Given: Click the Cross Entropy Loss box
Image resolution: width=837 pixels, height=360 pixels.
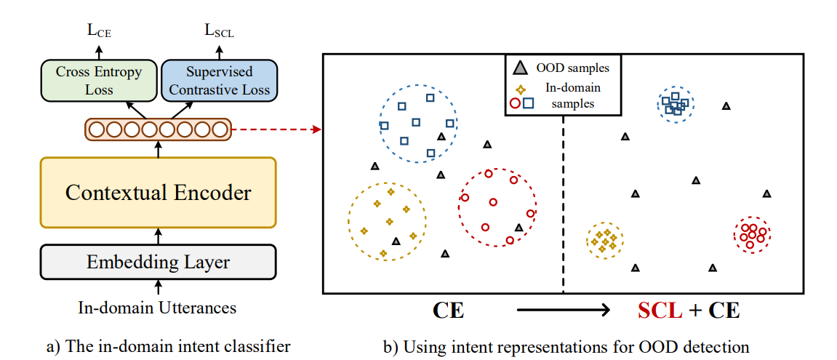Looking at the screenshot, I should point(99,81).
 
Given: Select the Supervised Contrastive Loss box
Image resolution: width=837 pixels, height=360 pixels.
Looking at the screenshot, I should point(219,81).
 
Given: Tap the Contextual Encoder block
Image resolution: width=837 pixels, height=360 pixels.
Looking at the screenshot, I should point(159,193).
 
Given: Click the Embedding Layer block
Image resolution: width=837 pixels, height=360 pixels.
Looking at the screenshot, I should point(159,263).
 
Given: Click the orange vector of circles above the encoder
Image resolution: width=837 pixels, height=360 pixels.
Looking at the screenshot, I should point(159,130).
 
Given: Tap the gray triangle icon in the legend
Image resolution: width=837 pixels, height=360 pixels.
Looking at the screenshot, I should point(519,69).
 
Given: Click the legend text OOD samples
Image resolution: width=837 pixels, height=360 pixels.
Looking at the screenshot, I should point(572,69).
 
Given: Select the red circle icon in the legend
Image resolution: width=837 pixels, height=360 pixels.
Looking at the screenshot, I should point(515,103).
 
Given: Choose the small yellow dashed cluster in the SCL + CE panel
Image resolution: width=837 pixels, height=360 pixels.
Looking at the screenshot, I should point(604,241).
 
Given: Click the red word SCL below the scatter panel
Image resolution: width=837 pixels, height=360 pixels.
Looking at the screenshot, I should point(659,311).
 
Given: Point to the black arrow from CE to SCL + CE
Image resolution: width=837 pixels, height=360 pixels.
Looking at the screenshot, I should point(562,311).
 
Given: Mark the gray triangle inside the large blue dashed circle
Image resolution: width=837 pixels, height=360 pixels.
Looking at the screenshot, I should point(441,136).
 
